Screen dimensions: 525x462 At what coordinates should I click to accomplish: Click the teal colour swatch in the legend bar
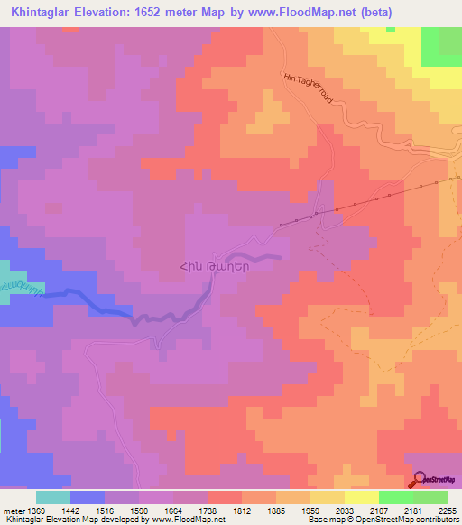tap(53, 497)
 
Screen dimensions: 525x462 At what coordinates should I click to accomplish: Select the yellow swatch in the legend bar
tap(362, 497)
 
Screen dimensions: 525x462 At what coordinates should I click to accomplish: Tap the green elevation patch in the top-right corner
tap(445, 45)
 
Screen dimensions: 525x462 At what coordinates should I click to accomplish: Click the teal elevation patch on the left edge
tap(9, 280)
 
